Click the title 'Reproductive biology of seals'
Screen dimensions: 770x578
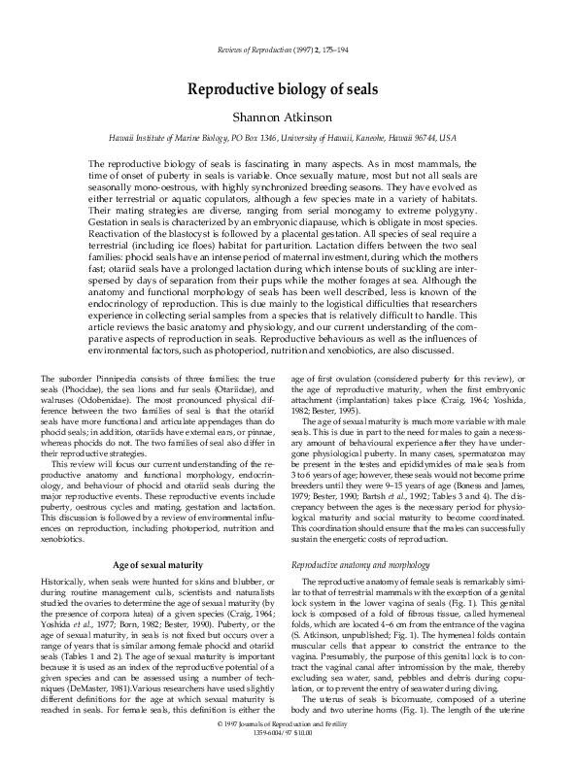click(289, 89)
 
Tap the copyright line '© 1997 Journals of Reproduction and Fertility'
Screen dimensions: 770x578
click(289, 751)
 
